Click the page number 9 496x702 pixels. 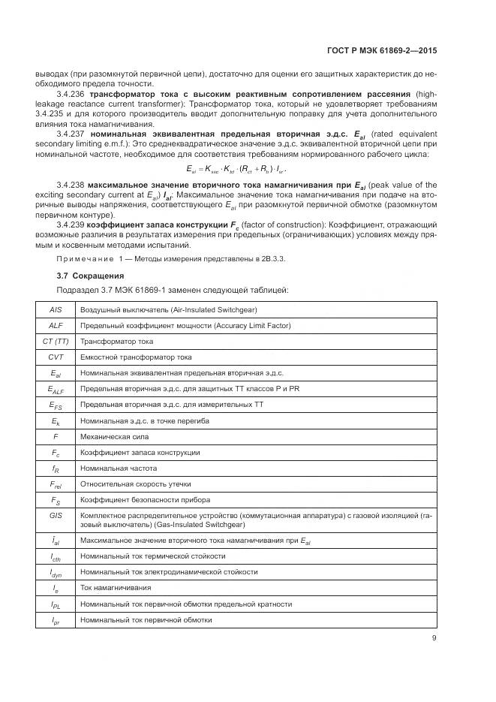434,638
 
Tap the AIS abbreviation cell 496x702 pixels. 56,309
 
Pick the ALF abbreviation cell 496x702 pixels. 56,325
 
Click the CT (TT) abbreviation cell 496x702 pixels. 56,341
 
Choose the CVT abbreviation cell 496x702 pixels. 56,357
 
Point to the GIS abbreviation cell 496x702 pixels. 56,516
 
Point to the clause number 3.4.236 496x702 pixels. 72,95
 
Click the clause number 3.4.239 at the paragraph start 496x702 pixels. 72,224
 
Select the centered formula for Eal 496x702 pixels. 248,170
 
